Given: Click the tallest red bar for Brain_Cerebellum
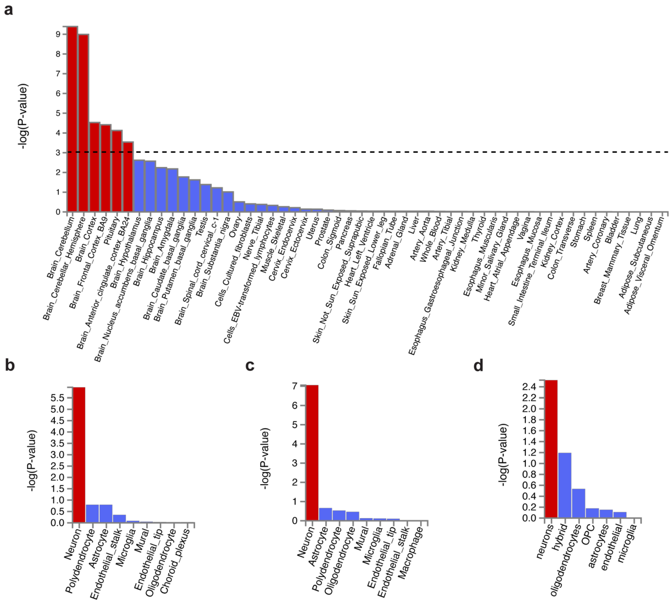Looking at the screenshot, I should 72,119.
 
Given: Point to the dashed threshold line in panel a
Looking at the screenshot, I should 397,152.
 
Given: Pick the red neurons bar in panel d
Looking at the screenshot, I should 551,449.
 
